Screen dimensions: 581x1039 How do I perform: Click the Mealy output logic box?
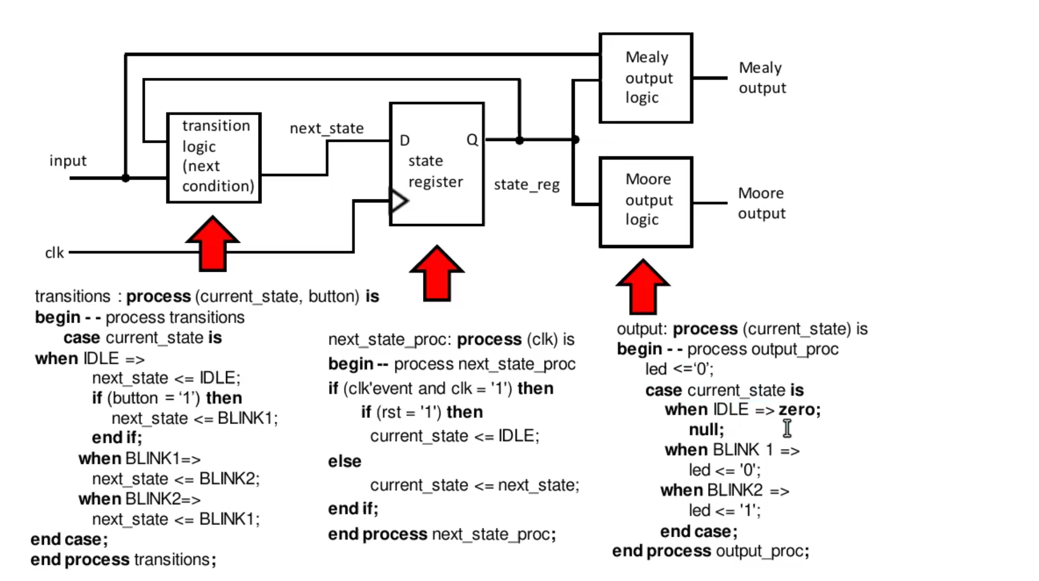tap(646, 78)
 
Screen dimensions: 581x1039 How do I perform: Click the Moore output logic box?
tap(646, 202)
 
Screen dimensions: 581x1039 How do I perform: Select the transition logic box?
tap(214, 158)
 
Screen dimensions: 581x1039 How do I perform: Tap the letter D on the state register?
tap(405, 141)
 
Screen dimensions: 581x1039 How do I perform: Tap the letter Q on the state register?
tap(472, 140)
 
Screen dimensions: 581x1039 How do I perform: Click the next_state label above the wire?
tap(326, 129)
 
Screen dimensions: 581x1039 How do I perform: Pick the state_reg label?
tap(526, 185)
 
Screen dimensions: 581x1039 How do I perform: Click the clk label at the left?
tap(54, 253)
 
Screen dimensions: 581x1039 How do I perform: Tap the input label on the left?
tap(67, 161)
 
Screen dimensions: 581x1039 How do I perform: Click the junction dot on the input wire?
tap(126, 178)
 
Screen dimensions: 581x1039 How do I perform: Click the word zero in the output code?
tap(799, 410)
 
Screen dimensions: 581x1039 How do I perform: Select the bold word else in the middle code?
tap(344, 461)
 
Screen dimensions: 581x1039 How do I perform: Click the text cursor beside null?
tap(787, 428)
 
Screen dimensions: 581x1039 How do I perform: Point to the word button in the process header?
tap(333, 296)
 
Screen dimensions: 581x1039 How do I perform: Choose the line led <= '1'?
tap(724, 511)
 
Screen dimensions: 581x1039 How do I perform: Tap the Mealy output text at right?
tap(762, 78)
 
